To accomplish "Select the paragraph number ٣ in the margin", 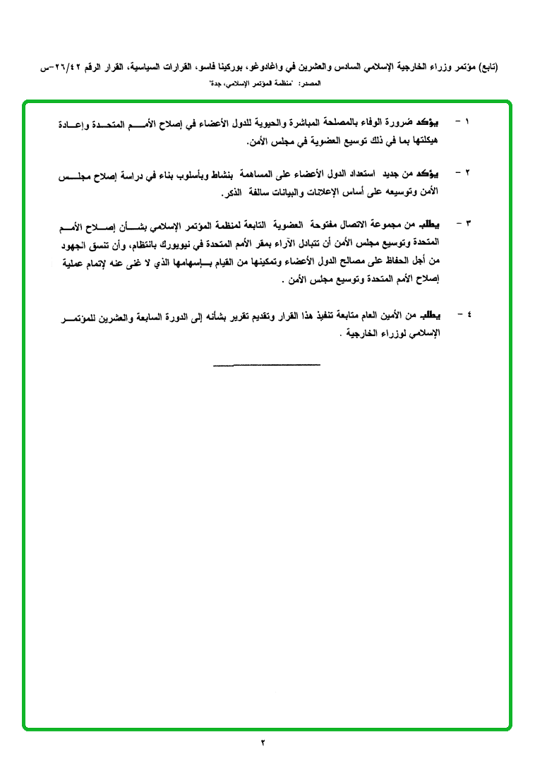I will pos(468,224).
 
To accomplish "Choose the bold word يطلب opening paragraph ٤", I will pos(440,313).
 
